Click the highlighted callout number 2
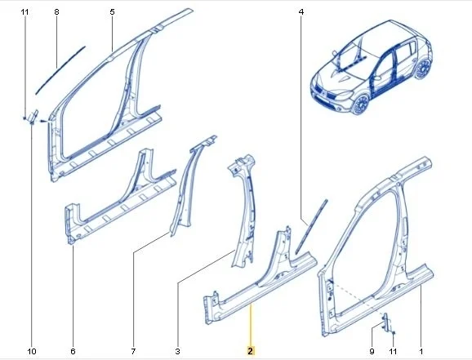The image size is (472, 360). click(251, 351)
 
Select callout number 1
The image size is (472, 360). click(421, 351)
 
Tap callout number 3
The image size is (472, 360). click(177, 351)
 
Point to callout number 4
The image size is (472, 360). click(301, 11)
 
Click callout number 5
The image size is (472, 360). click(112, 11)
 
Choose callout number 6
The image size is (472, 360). click(73, 351)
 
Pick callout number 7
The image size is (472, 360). click(133, 351)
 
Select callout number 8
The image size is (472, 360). click(56, 11)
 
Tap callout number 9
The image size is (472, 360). click(372, 351)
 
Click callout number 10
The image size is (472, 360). click(32, 351)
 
